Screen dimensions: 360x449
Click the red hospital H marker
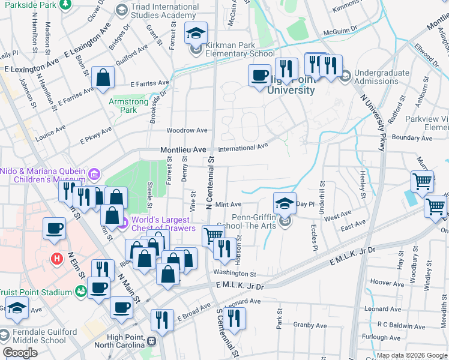pyautogui.click(x=56, y=259)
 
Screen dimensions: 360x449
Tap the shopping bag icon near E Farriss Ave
pyautogui.click(x=103, y=77)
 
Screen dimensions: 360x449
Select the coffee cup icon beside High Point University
pyautogui.click(x=259, y=75)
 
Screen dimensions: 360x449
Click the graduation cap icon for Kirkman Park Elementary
pyautogui.click(x=196, y=34)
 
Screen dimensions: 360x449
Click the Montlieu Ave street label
pyautogui.click(x=183, y=149)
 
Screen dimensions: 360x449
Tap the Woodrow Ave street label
pyautogui.click(x=187, y=130)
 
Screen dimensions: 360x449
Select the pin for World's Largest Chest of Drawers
pyautogui.click(x=123, y=225)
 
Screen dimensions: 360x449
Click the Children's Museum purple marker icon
pyautogui.click(x=93, y=175)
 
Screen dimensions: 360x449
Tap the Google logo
pyautogui.click(x=20, y=352)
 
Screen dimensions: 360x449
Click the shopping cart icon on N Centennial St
pyautogui.click(x=212, y=235)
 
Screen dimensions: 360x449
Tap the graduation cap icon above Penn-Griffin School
pyautogui.click(x=285, y=203)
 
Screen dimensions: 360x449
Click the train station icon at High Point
pyautogui.click(x=151, y=341)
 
